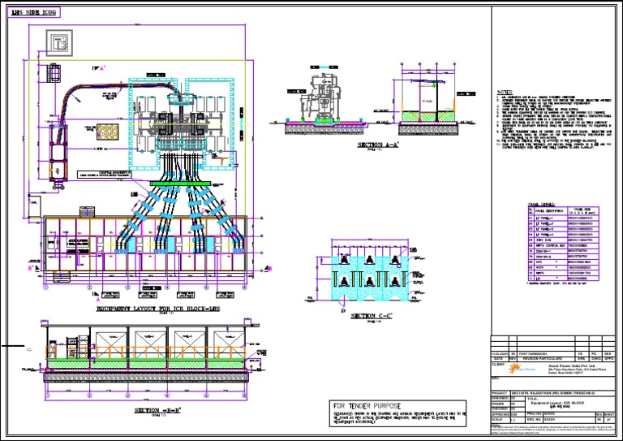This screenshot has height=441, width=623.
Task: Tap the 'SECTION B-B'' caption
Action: (x=156, y=412)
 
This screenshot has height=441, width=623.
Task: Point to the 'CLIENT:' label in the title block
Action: (x=501, y=364)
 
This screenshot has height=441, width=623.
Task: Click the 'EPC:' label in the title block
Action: (x=496, y=378)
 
